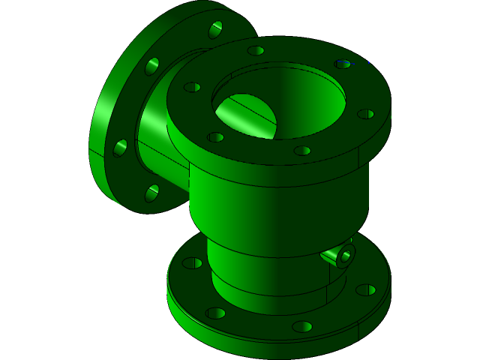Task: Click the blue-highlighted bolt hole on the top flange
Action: [x=343, y=64]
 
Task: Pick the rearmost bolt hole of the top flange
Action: [x=256, y=51]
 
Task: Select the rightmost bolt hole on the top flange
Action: [x=365, y=114]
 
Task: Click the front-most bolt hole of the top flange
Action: [x=302, y=151]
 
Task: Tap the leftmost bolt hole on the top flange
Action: [x=192, y=87]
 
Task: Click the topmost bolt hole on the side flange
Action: [x=215, y=29]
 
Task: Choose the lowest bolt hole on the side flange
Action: [x=151, y=193]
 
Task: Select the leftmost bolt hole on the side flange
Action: [x=120, y=148]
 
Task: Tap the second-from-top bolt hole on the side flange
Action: [x=152, y=66]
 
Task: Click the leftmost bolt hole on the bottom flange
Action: [x=192, y=263]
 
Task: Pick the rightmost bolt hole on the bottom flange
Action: [x=366, y=289]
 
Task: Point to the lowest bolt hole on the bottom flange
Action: [x=302, y=326]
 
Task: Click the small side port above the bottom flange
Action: [x=345, y=256]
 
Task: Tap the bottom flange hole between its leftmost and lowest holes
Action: [x=215, y=313]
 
